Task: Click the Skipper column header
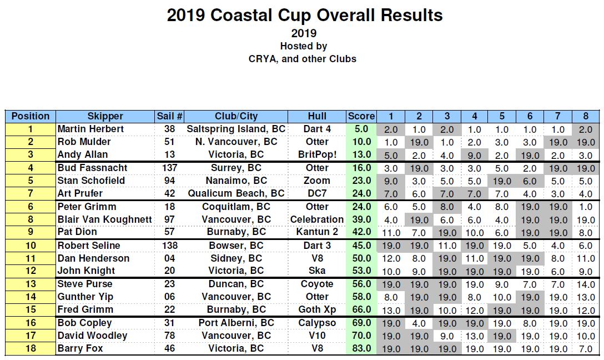105,116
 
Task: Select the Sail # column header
169,116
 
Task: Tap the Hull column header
317,116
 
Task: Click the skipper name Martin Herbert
90,129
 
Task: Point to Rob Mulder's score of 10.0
362,142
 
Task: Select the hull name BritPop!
317,154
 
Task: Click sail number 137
169,168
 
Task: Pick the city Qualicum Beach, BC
236,193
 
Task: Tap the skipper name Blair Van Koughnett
104,219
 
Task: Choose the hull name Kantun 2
317,232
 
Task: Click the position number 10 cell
31,246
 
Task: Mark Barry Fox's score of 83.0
362,348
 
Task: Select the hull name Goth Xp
317,309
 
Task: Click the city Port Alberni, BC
236,323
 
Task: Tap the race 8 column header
586,116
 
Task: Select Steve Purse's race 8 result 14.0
586,284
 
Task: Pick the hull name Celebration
317,219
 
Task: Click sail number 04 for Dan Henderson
169,258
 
